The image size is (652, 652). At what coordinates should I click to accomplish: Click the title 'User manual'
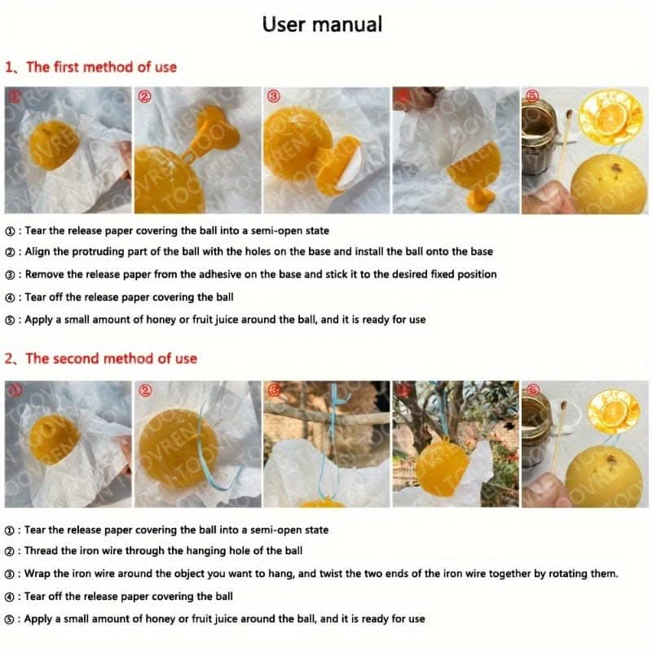point(322,24)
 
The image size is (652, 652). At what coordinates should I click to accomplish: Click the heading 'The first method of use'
point(101,67)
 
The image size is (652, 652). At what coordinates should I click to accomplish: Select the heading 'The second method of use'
point(112,359)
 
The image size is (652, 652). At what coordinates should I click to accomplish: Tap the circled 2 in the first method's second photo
point(145,96)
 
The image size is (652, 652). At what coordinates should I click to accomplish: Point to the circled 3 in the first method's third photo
point(274,96)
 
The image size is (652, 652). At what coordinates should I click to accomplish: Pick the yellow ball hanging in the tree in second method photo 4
point(443,469)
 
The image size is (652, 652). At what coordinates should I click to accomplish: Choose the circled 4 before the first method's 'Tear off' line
point(10,297)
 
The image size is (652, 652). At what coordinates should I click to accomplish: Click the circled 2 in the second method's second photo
point(145,390)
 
